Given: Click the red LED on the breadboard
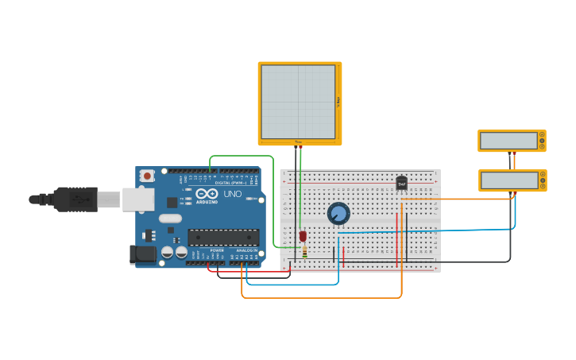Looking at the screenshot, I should point(303,235).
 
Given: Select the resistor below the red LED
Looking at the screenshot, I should point(304,252).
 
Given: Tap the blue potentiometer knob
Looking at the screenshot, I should point(338,213).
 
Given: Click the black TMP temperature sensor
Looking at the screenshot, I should point(401,183).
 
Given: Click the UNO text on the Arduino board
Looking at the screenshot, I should point(232,194).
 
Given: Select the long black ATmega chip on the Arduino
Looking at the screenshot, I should point(223,237).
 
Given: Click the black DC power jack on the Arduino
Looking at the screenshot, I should point(143,254).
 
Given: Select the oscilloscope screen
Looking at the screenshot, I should point(298,102).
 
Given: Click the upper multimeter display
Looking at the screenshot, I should point(508,141).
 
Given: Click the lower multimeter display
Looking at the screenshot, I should point(508,180).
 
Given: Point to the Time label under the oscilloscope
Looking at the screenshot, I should point(299,143).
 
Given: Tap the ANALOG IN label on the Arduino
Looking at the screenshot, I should point(247,250).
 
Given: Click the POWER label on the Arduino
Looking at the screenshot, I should point(217,250).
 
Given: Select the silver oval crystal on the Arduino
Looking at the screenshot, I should point(170,218).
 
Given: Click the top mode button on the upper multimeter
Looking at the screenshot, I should point(542,135).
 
